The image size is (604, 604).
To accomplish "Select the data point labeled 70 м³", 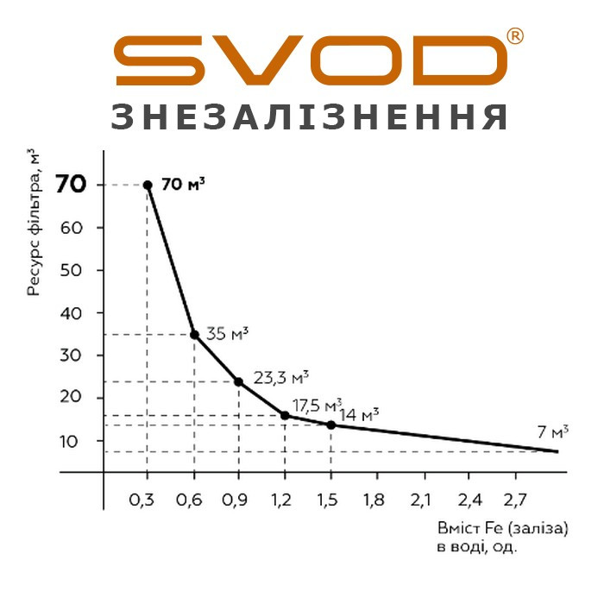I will (x=148, y=185).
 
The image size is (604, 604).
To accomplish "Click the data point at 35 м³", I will (x=194, y=335).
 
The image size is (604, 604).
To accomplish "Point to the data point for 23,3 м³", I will (x=238, y=381).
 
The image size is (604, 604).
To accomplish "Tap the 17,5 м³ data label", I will (x=317, y=404).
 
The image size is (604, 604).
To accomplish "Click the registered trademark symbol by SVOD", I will (x=514, y=36).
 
